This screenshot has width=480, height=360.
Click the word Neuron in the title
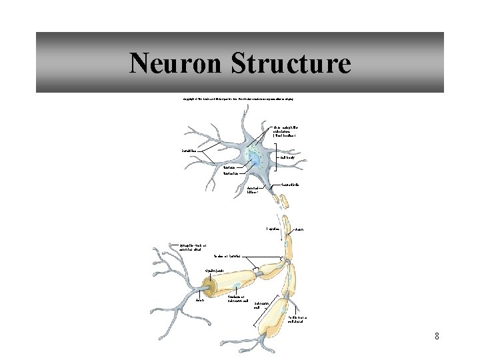pos(175,64)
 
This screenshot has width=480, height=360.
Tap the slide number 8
pos(437,336)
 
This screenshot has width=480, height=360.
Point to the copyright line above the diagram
pos(238,99)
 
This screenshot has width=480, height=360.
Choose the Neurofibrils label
pos(288,184)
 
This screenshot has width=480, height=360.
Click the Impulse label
pos(273,228)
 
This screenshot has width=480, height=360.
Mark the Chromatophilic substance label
pos(287,130)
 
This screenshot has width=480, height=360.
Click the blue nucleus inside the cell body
pos(255,158)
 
